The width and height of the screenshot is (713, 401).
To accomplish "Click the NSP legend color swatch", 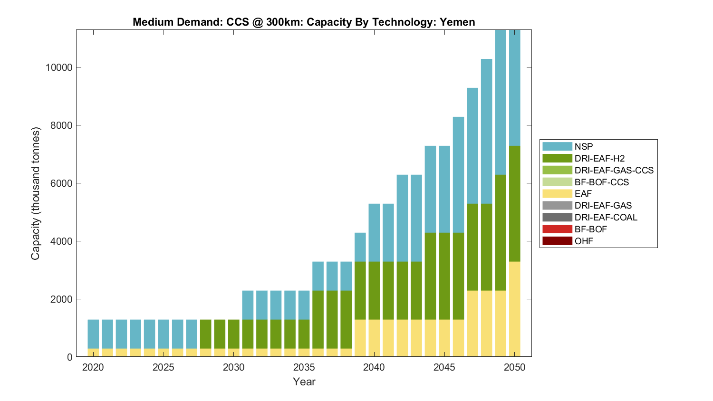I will (557, 146).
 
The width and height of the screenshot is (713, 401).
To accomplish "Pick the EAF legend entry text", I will (583, 194).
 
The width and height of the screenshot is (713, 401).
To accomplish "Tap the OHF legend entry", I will (584, 241).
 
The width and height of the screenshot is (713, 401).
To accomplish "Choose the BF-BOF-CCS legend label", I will (601, 182).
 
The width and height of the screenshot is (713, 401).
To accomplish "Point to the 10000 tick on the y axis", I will (59, 67).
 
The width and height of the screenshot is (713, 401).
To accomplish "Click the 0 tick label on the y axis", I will (69, 357).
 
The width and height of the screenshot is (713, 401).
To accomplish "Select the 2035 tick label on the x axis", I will (304, 368).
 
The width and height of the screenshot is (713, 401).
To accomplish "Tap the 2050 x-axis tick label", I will (514, 368).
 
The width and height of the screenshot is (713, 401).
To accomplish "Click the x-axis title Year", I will (304, 382).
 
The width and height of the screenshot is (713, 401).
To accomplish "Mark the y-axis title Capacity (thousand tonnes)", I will (36, 193).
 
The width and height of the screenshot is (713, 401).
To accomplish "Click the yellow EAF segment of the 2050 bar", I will (515, 309).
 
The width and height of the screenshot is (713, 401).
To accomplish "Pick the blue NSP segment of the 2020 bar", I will (93, 334).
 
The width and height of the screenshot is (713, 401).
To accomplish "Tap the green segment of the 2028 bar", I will (205, 334).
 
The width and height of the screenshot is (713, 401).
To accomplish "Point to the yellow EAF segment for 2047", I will (472, 323).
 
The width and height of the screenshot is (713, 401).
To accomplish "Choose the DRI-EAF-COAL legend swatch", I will (557, 217).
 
